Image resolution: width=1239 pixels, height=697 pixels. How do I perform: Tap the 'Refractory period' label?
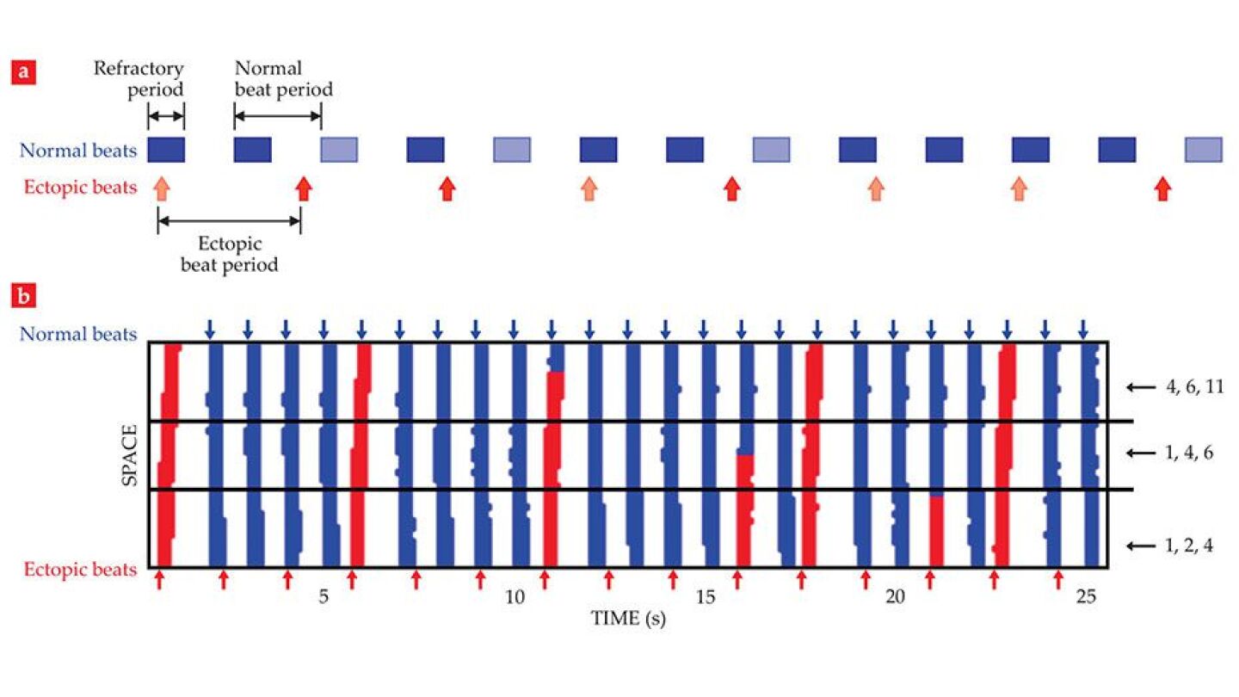(x=139, y=78)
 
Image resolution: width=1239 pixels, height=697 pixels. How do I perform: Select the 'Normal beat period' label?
(x=283, y=78)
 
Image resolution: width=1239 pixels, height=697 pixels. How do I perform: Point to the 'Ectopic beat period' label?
(x=229, y=255)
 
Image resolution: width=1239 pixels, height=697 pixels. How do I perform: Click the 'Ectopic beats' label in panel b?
(x=79, y=570)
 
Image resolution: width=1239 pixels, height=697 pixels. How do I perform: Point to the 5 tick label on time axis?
(x=324, y=598)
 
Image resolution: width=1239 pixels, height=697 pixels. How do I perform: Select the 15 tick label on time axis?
(x=704, y=598)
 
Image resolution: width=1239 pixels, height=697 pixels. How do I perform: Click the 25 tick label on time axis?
(x=1086, y=598)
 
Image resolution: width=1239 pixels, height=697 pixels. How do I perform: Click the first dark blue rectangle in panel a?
(x=166, y=150)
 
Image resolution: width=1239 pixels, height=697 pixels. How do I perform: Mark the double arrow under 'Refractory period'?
(x=166, y=117)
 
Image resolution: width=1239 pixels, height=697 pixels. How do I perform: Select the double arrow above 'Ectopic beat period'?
(x=229, y=221)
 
